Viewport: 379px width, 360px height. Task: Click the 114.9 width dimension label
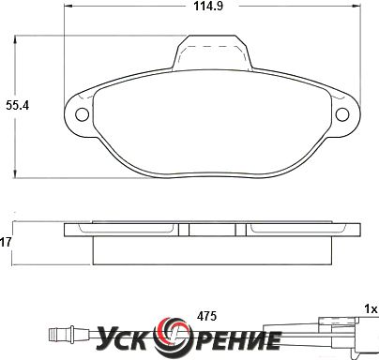(x=208, y=6)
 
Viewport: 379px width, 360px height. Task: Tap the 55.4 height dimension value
(x=18, y=106)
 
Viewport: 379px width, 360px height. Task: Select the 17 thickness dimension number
(x=6, y=242)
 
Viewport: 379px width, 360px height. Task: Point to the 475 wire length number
(x=206, y=316)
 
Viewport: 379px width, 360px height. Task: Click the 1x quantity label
(x=371, y=309)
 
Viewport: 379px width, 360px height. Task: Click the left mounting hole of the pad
(x=83, y=114)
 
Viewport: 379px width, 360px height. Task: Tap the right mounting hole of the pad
(x=342, y=114)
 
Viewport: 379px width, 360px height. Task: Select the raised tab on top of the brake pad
(x=212, y=52)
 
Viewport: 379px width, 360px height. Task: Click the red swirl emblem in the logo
(x=174, y=335)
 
